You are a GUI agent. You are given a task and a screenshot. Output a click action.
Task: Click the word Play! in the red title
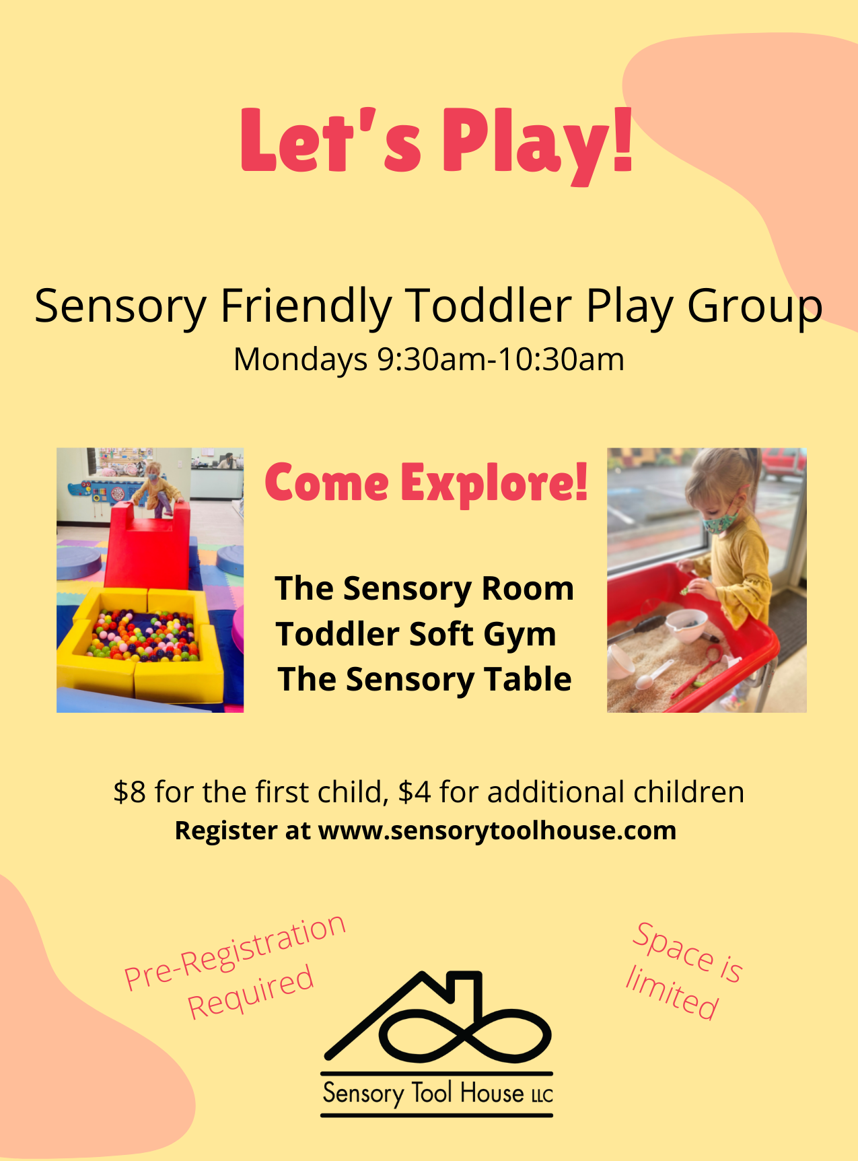537,143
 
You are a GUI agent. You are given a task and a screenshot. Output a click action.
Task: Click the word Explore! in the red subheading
495,484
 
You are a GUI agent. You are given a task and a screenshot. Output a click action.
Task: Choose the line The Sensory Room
425,589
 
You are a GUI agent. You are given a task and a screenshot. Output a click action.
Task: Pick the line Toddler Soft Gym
416,635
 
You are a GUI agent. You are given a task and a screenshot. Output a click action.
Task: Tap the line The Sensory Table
425,679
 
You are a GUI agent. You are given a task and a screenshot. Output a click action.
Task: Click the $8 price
129,792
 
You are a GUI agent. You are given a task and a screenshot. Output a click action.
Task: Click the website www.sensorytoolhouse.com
497,831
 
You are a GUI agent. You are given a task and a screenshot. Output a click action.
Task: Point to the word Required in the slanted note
250,991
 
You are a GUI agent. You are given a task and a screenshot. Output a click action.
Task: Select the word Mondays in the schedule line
300,359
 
